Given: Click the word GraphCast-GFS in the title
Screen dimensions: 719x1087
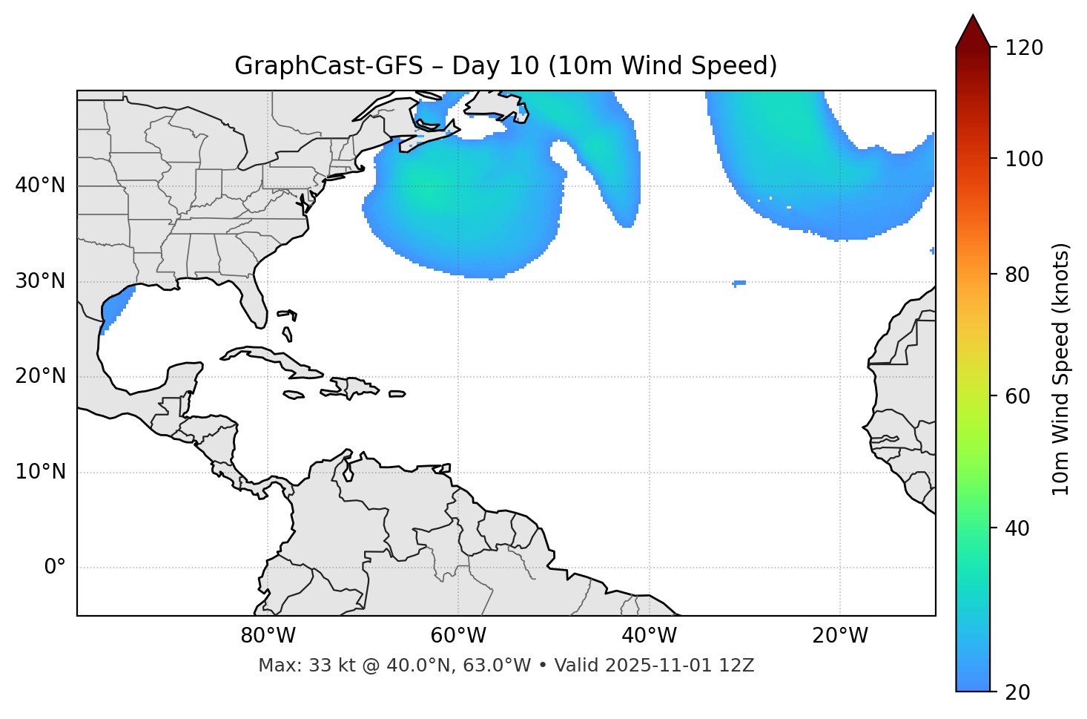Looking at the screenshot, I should pos(328,67).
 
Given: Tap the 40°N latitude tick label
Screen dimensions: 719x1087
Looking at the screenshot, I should pos(40,186).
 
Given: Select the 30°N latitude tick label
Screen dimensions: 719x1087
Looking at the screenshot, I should pos(40,281).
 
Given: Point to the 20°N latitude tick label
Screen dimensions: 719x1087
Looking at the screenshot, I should pos(40,376).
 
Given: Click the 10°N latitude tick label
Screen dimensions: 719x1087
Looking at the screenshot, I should pos(40,472).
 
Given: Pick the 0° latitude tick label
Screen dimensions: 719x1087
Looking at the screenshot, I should pos(55,568).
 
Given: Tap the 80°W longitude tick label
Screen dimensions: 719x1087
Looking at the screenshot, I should pos(268,636).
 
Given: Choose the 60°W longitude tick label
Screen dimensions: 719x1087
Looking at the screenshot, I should pos(458,636).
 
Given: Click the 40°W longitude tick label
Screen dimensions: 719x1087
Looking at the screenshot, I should pos(649,636).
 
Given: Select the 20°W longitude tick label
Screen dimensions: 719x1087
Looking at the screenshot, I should pos(839,636).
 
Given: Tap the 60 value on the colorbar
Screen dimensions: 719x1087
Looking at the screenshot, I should pos(1020,396).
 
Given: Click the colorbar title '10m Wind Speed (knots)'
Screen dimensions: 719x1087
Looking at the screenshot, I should pos(1061,369).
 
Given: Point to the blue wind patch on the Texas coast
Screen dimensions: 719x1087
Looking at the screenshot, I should pos(113,309).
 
